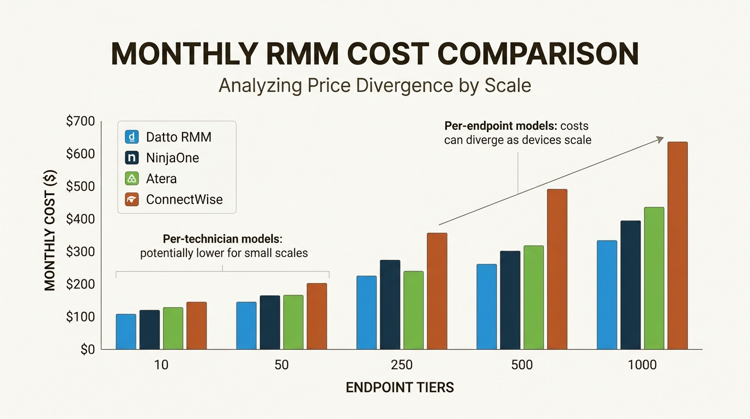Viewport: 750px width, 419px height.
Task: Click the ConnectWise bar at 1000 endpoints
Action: [x=678, y=246]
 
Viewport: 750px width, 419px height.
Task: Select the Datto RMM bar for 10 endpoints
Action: [x=126, y=332]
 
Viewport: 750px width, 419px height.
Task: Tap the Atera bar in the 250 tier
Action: [x=413, y=310]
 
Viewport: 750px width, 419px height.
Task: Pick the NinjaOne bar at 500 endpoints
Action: [x=510, y=300]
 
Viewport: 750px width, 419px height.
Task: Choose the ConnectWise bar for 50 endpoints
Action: [x=317, y=316]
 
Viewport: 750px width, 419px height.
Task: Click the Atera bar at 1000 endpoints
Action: [x=654, y=278]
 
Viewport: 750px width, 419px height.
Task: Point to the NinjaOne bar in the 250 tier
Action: [x=390, y=304]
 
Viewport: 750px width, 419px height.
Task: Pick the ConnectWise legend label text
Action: [x=184, y=200]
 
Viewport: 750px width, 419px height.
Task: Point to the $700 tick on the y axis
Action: [x=80, y=122]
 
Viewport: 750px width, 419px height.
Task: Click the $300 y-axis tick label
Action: [x=80, y=252]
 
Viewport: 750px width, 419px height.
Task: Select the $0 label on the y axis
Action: [x=87, y=350]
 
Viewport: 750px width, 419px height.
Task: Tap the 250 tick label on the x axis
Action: [x=402, y=365]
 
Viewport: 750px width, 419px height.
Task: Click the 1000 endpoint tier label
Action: [x=642, y=365]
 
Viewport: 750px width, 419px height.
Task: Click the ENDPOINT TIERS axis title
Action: [x=400, y=388]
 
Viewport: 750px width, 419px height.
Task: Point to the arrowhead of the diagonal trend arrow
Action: [x=660, y=139]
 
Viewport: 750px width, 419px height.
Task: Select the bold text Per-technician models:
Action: [x=223, y=240]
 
